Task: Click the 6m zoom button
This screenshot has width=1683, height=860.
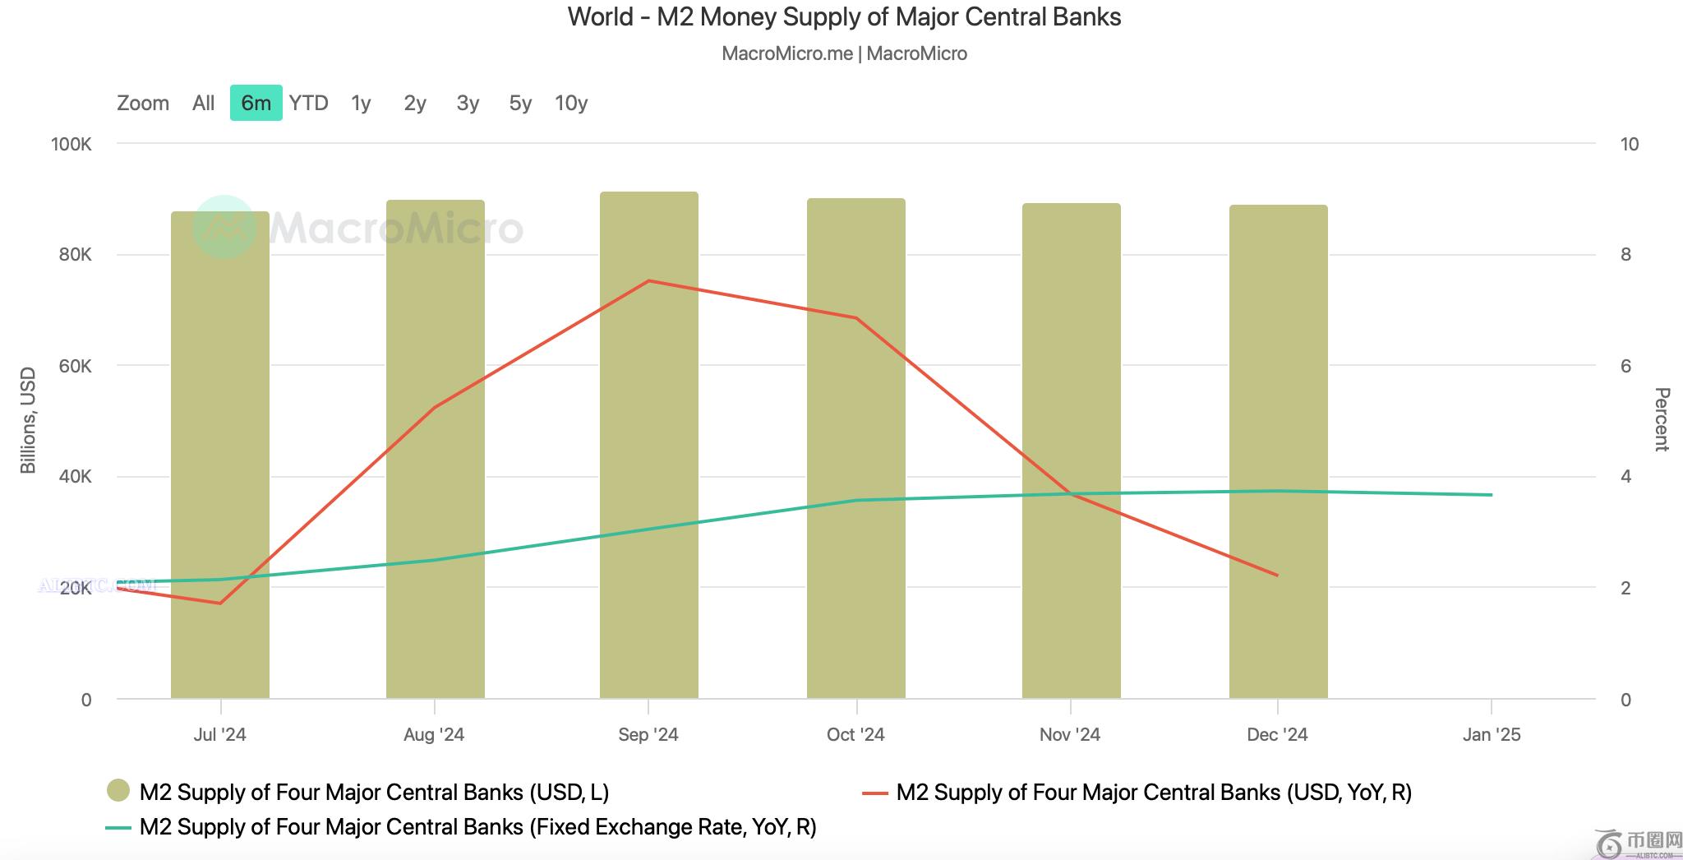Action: [256, 103]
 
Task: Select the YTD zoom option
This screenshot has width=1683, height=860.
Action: [308, 103]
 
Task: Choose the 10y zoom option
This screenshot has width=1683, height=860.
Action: [571, 103]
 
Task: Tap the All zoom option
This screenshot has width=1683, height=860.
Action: [203, 103]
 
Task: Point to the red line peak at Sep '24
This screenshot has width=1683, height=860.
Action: [648, 281]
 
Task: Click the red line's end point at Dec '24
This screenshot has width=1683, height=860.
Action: [1278, 576]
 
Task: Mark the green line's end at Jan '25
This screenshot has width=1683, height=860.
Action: [1492, 495]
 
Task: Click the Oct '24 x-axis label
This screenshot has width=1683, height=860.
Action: [855, 734]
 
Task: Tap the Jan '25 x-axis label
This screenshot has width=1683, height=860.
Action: [1492, 734]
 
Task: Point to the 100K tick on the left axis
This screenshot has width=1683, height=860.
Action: [71, 144]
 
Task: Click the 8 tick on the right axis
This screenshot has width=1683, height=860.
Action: [1625, 255]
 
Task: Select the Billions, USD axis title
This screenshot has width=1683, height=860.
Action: [28, 420]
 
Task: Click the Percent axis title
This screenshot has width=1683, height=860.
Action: [1661, 419]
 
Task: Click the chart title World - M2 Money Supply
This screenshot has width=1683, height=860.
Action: [844, 17]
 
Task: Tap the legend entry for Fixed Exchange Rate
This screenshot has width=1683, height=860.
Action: [477, 826]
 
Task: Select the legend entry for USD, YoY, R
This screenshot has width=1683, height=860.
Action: [1154, 792]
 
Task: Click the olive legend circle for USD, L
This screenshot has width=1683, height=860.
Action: [118, 791]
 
